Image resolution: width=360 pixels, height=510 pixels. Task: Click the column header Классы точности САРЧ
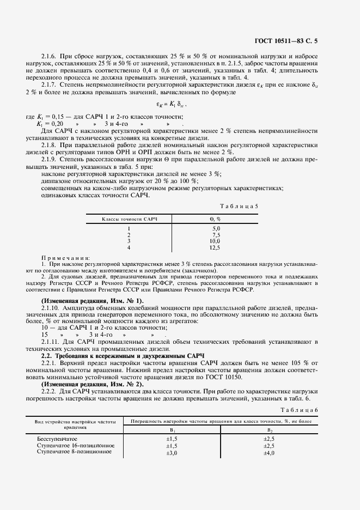click(x=130, y=218)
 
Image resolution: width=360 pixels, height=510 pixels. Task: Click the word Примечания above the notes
click(x=66, y=257)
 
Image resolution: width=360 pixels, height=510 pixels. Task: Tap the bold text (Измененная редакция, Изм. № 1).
click(x=92, y=301)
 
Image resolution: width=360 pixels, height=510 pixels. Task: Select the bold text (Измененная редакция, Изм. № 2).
click(x=92, y=384)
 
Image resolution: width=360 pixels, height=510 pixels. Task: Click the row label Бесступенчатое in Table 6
click(x=57, y=439)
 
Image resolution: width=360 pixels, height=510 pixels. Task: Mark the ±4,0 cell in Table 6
click(x=269, y=452)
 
